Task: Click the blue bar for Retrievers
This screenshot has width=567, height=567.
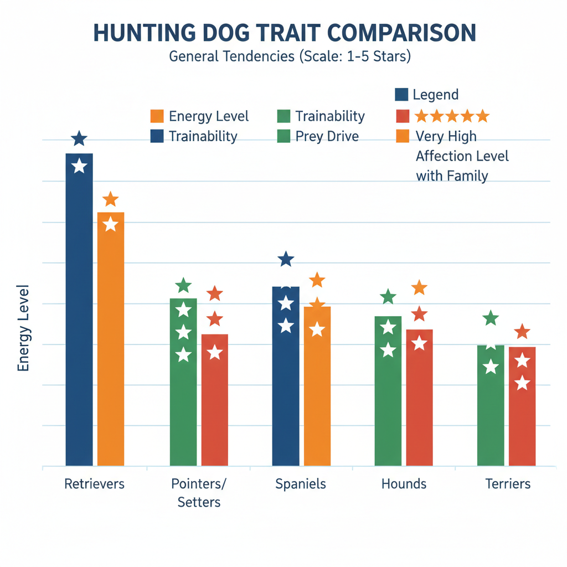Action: (79, 310)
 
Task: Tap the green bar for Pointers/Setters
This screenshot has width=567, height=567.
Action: (183, 382)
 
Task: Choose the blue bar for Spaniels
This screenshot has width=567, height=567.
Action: (286, 377)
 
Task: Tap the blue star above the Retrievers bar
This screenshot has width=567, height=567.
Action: (80, 138)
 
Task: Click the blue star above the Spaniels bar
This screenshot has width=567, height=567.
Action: (286, 259)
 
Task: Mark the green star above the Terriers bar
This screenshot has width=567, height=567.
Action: (491, 318)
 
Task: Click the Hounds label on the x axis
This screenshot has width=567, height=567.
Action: (404, 484)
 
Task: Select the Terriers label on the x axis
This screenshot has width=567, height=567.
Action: (508, 484)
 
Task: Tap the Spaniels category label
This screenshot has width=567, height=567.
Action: (301, 484)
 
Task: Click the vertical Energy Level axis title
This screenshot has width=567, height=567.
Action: (24, 328)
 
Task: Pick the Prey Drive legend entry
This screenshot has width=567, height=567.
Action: (327, 136)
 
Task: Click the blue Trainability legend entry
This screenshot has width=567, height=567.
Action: (203, 136)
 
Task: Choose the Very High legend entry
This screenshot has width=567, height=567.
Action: (446, 136)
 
